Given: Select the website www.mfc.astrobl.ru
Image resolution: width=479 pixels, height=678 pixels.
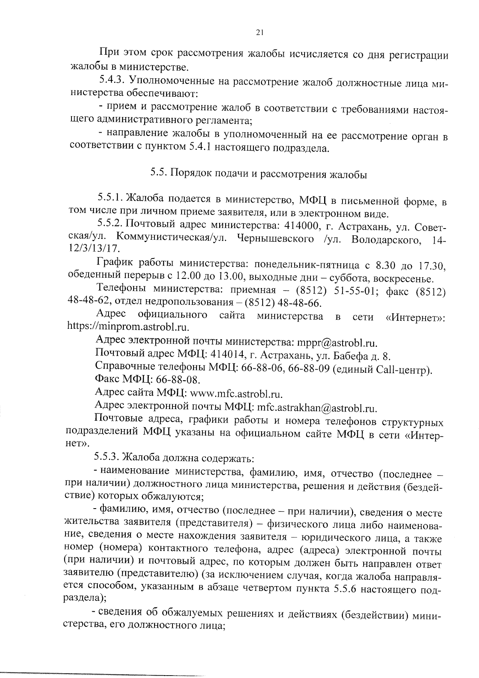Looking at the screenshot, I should [237, 395].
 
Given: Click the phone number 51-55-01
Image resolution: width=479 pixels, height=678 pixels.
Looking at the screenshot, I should [350, 291].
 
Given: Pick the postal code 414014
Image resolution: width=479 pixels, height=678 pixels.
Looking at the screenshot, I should [227, 355].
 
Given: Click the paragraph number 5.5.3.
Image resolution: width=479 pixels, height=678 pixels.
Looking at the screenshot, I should [107, 457].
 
